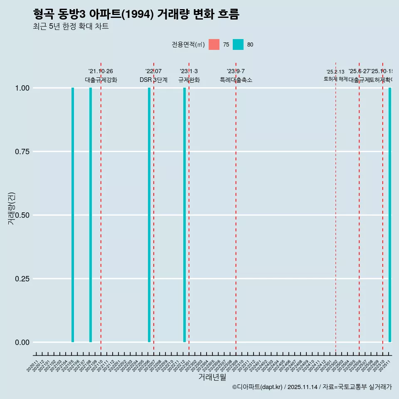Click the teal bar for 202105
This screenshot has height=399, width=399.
[x=73, y=215]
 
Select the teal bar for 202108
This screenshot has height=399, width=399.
[x=91, y=215]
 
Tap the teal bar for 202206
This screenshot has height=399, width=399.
[x=149, y=215]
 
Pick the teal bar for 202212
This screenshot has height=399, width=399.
[x=185, y=215]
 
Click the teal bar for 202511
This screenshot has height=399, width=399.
[x=390, y=215]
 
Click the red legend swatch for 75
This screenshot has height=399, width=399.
[x=214, y=44]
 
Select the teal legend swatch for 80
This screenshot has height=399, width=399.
[x=238, y=44]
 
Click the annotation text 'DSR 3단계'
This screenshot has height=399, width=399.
[x=153, y=80]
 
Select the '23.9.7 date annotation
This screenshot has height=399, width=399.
[x=236, y=71]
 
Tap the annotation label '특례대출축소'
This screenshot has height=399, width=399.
[x=236, y=80]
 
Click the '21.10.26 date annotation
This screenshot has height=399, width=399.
[x=101, y=71]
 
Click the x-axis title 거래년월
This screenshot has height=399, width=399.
[x=212, y=377]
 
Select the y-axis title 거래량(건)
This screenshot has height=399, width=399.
[x=12, y=208]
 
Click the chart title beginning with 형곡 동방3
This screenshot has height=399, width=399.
[x=136, y=14]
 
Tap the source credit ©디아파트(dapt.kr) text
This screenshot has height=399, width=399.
[x=312, y=387]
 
